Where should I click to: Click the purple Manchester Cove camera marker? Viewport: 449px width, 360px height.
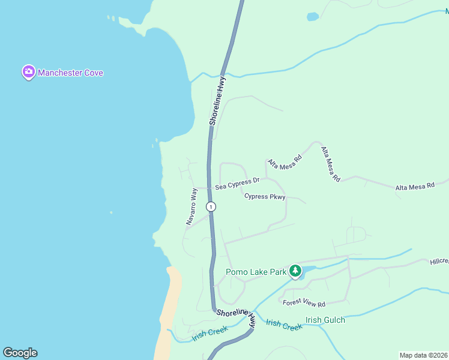(x=28, y=73)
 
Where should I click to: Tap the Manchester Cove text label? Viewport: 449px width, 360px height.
(x=70, y=73)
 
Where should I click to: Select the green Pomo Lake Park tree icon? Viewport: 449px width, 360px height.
(x=295, y=271)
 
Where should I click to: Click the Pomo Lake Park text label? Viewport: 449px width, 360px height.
(x=256, y=272)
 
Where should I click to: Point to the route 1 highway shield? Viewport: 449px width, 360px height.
(x=211, y=206)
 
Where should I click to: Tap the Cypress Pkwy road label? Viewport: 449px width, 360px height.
(x=264, y=196)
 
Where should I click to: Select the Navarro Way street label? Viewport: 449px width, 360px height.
(x=191, y=206)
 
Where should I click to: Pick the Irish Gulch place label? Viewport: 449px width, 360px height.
(x=325, y=320)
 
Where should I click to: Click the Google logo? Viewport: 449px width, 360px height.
(x=20, y=353)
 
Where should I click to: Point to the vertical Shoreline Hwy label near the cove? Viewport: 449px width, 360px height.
(x=217, y=100)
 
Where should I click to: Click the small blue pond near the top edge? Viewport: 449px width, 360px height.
(x=313, y=17)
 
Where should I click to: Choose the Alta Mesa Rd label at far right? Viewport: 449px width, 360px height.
(x=414, y=187)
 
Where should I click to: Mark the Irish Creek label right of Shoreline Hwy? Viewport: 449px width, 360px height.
(x=284, y=325)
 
